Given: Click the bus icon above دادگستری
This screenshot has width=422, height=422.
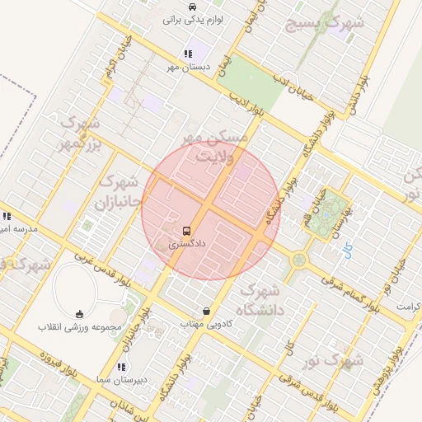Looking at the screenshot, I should pos(187,231).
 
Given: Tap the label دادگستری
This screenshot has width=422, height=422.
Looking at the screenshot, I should pos(185,244).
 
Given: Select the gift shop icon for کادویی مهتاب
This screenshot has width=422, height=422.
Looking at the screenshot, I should pos(205,312).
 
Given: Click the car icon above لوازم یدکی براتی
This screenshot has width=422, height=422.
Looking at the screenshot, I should pos(192,7).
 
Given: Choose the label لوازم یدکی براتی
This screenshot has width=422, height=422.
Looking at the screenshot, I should pos(195,19).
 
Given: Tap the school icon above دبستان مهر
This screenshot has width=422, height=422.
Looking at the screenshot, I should pos(188,54).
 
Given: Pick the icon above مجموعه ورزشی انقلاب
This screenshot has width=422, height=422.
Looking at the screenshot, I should pos(79,313).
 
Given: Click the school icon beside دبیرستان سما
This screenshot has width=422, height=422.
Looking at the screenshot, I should pos(121,367).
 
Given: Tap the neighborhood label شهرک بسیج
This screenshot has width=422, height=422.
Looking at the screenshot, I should pos(324,23).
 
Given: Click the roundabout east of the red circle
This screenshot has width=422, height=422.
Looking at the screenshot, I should pos(298,260).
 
